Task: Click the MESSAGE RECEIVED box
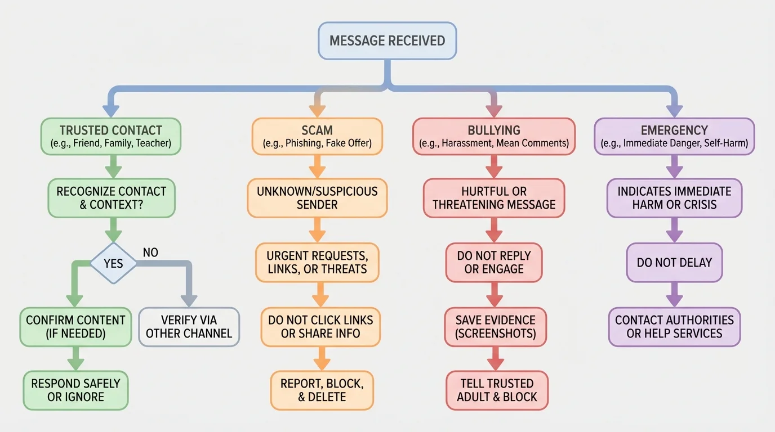(387, 40)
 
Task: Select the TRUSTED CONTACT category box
(110, 136)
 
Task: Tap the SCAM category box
(317, 136)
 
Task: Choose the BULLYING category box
(493, 136)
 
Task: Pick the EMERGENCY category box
(674, 136)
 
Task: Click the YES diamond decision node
(113, 263)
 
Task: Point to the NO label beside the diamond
(150, 252)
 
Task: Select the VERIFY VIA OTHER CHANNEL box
(189, 326)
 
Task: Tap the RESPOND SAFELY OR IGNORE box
(75, 390)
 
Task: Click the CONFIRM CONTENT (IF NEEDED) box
(75, 326)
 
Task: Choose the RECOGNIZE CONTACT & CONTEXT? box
(111, 198)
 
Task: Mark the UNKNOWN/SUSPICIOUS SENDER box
(317, 198)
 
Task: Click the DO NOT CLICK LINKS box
(320, 326)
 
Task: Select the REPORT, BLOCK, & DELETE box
(322, 390)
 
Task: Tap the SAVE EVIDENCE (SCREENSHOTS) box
(495, 326)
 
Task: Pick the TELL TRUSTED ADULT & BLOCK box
(497, 390)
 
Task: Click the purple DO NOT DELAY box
(674, 263)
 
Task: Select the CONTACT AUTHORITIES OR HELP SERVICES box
(674, 326)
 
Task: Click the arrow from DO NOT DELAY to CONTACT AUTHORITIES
(674, 295)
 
